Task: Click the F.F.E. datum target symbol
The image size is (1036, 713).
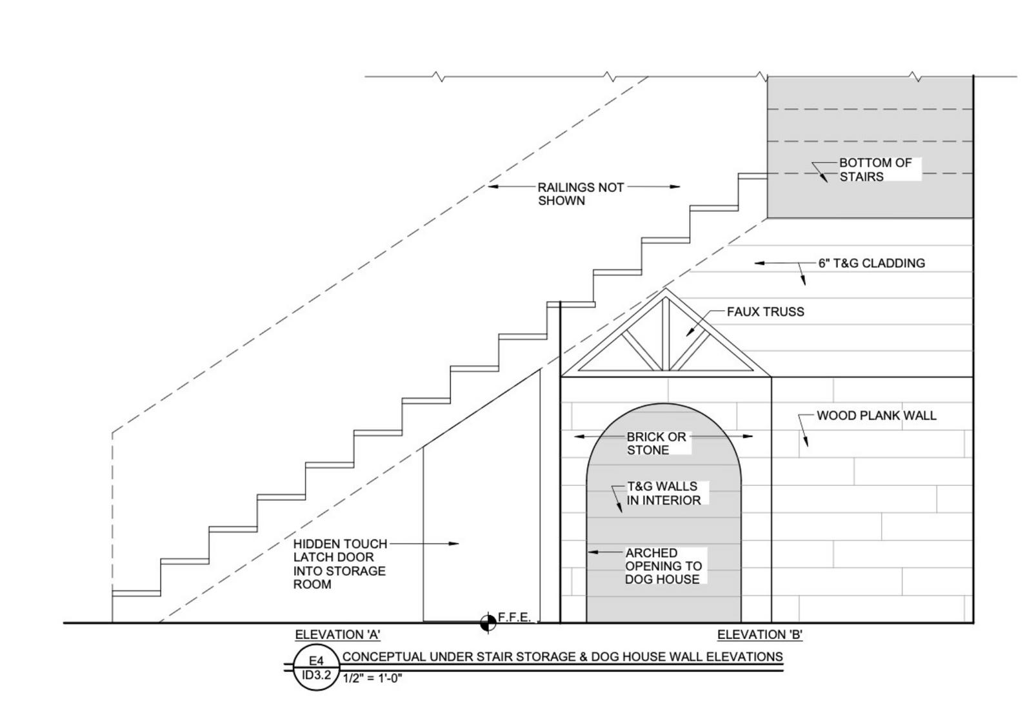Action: [x=488, y=622]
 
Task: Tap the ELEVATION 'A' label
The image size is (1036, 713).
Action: [x=337, y=634]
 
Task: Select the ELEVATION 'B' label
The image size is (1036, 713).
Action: [x=759, y=634]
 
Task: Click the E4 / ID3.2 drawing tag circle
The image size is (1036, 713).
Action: [x=316, y=668]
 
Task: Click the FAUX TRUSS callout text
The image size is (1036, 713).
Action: [x=765, y=312]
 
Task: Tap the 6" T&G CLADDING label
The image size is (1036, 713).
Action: [x=871, y=263]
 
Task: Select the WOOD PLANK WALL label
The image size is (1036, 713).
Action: [x=876, y=416]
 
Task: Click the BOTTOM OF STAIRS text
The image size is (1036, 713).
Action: [x=875, y=170]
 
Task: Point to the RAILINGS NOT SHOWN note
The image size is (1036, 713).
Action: [x=581, y=193]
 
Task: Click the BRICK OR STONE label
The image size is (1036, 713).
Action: [x=656, y=444]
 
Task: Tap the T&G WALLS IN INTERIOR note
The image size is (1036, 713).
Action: [x=663, y=493]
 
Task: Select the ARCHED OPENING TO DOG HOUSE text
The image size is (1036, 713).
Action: [x=662, y=566]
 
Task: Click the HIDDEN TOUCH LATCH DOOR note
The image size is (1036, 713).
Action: [x=339, y=564]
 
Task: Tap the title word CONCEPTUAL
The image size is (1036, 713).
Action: [x=384, y=656]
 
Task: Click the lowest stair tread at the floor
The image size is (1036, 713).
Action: [x=136, y=592]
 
